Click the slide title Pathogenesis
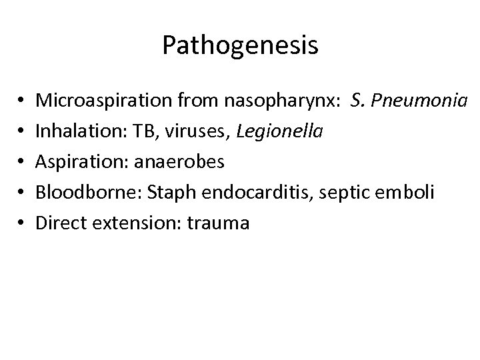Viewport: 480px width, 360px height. [x=240, y=46]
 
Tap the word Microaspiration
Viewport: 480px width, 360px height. [x=104, y=101]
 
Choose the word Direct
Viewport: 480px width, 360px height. [x=60, y=223]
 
